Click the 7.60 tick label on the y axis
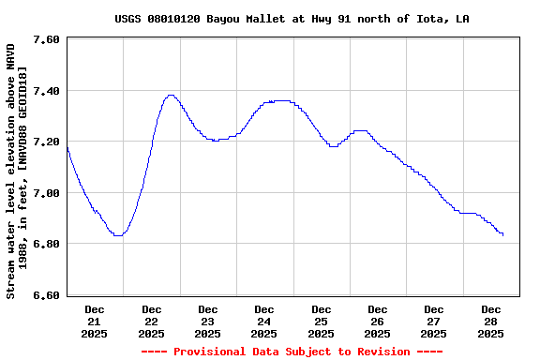pos(46,39)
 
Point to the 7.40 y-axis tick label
pos(46,91)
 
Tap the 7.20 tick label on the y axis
pos(46,142)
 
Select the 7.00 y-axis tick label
pos(46,193)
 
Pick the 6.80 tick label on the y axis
pos(46,244)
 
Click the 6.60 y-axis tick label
pos(46,295)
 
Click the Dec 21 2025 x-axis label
pos(95,321)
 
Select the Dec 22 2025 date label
pos(151,321)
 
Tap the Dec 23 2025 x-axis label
pos(208,321)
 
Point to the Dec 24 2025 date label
pos(264,321)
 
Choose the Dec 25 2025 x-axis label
pos(321,321)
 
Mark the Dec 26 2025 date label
pos(377,321)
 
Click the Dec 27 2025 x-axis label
pos(434,321)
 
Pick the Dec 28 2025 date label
pos(490,321)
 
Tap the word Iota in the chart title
pos(427,19)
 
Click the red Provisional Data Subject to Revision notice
pos(292,352)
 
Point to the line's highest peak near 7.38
pos(170,95)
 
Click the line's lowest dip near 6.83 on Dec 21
pos(117,235)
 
